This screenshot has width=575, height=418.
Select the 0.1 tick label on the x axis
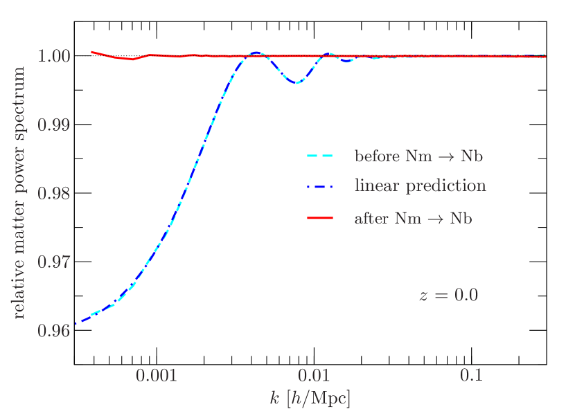[x=471, y=376]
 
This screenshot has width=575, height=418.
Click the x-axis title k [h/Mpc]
[x=310, y=399]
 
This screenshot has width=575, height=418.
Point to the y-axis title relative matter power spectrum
[x=19, y=193]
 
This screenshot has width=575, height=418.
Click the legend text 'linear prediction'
[x=420, y=186]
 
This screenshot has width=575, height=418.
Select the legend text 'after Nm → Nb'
[x=413, y=219]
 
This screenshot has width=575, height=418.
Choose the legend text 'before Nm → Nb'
[x=418, y=156]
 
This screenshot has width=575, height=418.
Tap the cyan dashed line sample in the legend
[x=320, y=156]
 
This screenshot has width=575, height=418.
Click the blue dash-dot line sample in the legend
[x=320, y=187]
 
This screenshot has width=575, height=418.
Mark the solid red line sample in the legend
[x=320, y=219]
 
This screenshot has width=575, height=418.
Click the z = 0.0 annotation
[x=448, y=296]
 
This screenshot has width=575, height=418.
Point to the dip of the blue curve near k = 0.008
[x=296, y=83]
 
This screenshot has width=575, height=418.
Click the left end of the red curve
[x=91, y=52]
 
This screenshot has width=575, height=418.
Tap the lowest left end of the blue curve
[x=75, y=323]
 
